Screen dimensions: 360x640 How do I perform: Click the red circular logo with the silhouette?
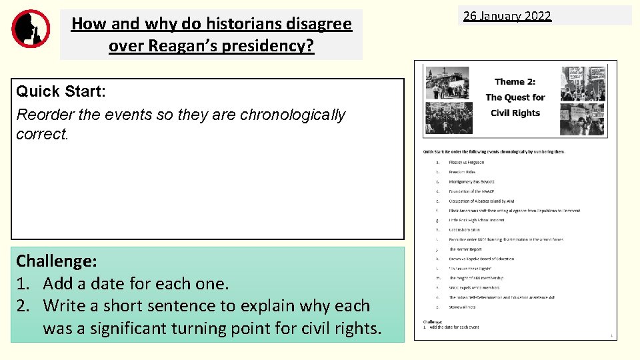pyautogui.click(x=31, y=29)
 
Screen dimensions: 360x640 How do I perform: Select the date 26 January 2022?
pyautogui.click(x=507, y=16)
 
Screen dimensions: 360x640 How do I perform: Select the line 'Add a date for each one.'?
pyautogui.click(x=136, y=283)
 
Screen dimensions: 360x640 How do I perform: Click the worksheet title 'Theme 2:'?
pyautogui.click(x=515, y=81)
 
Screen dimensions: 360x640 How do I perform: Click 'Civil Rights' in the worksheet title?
pyautogui.click(x=515, y=113)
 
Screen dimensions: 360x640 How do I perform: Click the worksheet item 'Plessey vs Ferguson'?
pyautogui.click(x=467, y=162)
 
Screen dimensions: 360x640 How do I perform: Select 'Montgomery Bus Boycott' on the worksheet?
pyautogui.click(x=471, y=181)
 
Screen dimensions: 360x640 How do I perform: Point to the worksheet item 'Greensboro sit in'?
pyautogui.click(x=464, y=230)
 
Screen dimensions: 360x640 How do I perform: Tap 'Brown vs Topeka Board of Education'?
pyautogui.click(x=481, y=259)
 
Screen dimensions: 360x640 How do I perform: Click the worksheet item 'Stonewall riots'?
pyautogui.click(x=462, y=307)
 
